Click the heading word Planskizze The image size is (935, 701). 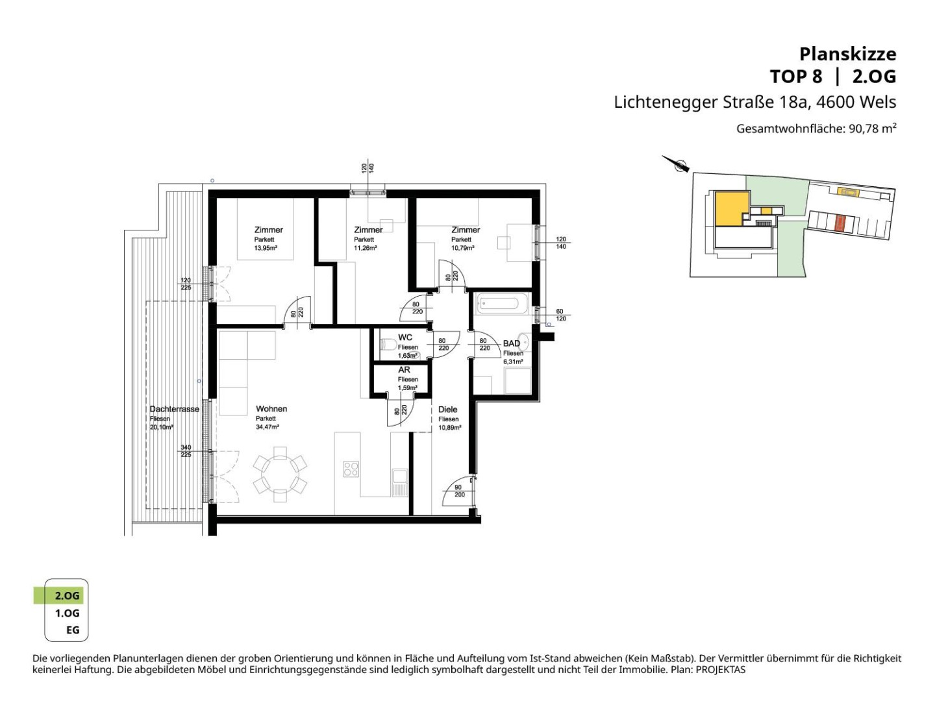[x=847, y=55]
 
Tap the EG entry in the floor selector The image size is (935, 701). [x=73, y=630]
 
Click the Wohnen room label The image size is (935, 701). [x=271, y=409]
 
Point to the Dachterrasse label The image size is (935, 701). [x=174, y=409]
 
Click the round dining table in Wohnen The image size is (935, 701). [x=280, y=474]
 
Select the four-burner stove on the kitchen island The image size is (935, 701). [x=351, y=469]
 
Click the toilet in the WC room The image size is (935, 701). [x=388, y=344]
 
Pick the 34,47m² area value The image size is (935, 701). [x=268, y=427]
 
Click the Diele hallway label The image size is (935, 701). [x=447, y=410]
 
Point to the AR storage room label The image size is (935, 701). [x=405, y=370]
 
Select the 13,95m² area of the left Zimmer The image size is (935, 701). [x=266, y=248]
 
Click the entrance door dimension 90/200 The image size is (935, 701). [x=459, y=491]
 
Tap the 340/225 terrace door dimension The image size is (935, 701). [x=186, y=450]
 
